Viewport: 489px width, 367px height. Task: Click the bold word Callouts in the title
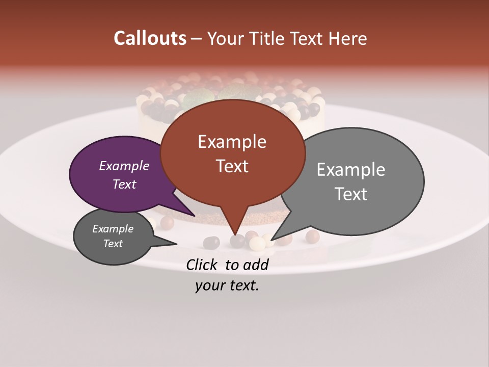tap(150, 38)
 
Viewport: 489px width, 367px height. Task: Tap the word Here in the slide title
tap(348, 38)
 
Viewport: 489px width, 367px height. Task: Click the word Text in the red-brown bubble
tap(232, 166)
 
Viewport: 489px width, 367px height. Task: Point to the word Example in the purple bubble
tap(124, 166)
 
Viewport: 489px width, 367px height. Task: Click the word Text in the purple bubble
tap(124, 184)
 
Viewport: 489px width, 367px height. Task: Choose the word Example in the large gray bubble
tap(350, 169)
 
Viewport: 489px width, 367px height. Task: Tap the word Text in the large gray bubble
tap(350, 194)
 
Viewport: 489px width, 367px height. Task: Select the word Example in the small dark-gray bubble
tap(113, 229)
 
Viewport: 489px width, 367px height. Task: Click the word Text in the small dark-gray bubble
tap(113, 244)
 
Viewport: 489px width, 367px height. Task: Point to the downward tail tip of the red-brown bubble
tap(236, 234)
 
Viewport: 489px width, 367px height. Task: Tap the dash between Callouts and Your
tap(197, 38)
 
